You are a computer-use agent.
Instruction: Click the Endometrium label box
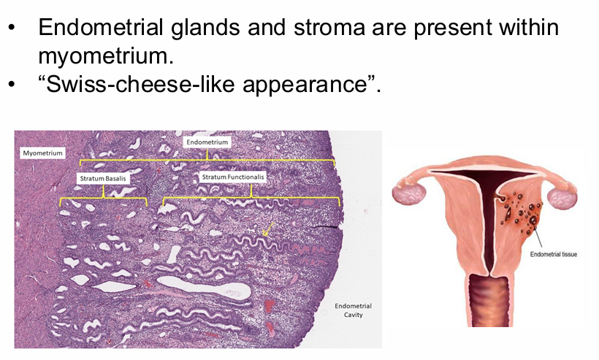pos(207,142)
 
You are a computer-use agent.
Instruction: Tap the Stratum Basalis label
pos(103,177)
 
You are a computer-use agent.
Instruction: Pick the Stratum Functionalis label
pos(233,177)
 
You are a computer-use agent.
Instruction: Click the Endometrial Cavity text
pos(353,310)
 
